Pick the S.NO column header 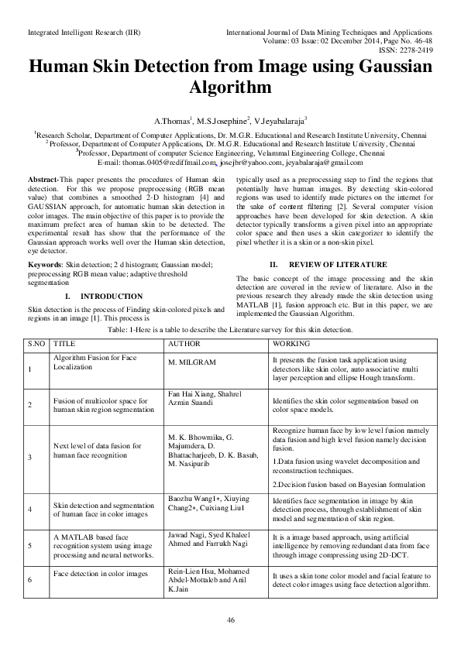pyautogui.click(x=37, y=342)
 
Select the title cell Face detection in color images pyautogui.click(x=100, y=574)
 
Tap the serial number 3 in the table pyautogui.click(x=30, y=458)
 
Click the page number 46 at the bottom pyautogui.click(x=230, y=621)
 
